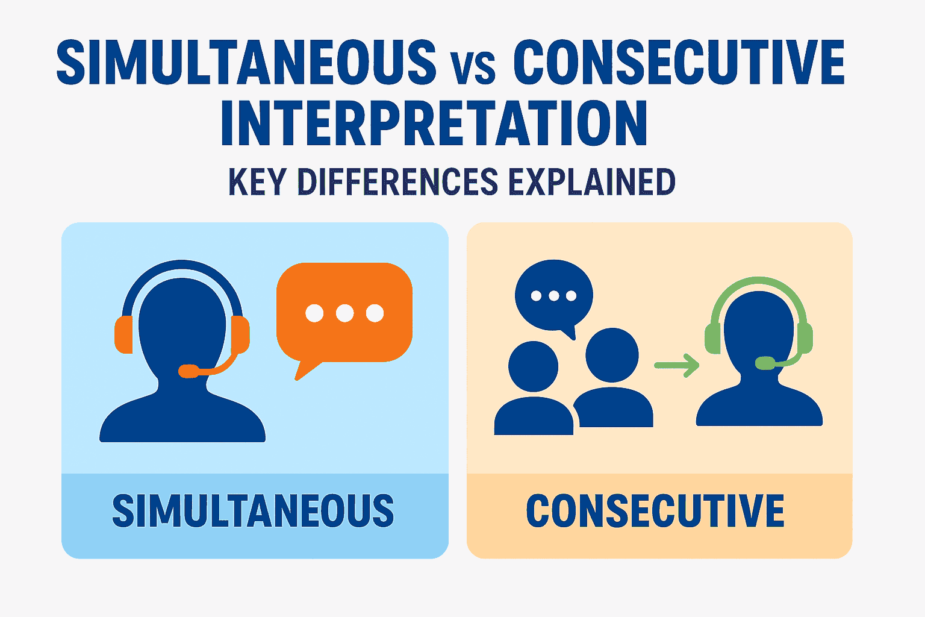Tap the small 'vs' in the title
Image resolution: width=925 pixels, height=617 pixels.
tap(473, 67)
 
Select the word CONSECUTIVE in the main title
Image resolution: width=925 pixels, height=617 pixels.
tap(679, 62)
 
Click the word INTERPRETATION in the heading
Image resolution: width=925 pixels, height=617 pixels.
tap(434, 125)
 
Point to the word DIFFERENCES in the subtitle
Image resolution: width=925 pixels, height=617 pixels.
tap(397, 182)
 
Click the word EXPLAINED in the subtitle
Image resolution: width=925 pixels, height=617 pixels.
tap(592, 182)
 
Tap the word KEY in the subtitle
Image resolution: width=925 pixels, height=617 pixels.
tap(257, 182)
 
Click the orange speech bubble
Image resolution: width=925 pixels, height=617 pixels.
tap(344, 313)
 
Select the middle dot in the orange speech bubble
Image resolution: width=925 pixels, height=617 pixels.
tap(344, 313)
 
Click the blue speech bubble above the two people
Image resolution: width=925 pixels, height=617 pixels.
tap(553, 295)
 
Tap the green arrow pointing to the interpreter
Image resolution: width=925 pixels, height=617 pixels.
tap(676, 365)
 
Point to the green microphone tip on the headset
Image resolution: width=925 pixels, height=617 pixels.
tap(765, 363)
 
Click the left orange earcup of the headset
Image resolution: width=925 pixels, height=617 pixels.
tap(123, 334)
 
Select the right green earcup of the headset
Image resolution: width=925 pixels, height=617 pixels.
tap(805, 338)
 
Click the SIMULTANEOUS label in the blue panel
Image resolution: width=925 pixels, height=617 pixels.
tap(253, 512)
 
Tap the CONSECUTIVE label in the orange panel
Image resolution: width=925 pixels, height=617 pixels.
tap(655, 512)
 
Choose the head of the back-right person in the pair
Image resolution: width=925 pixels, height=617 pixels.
tap(612, 354)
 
